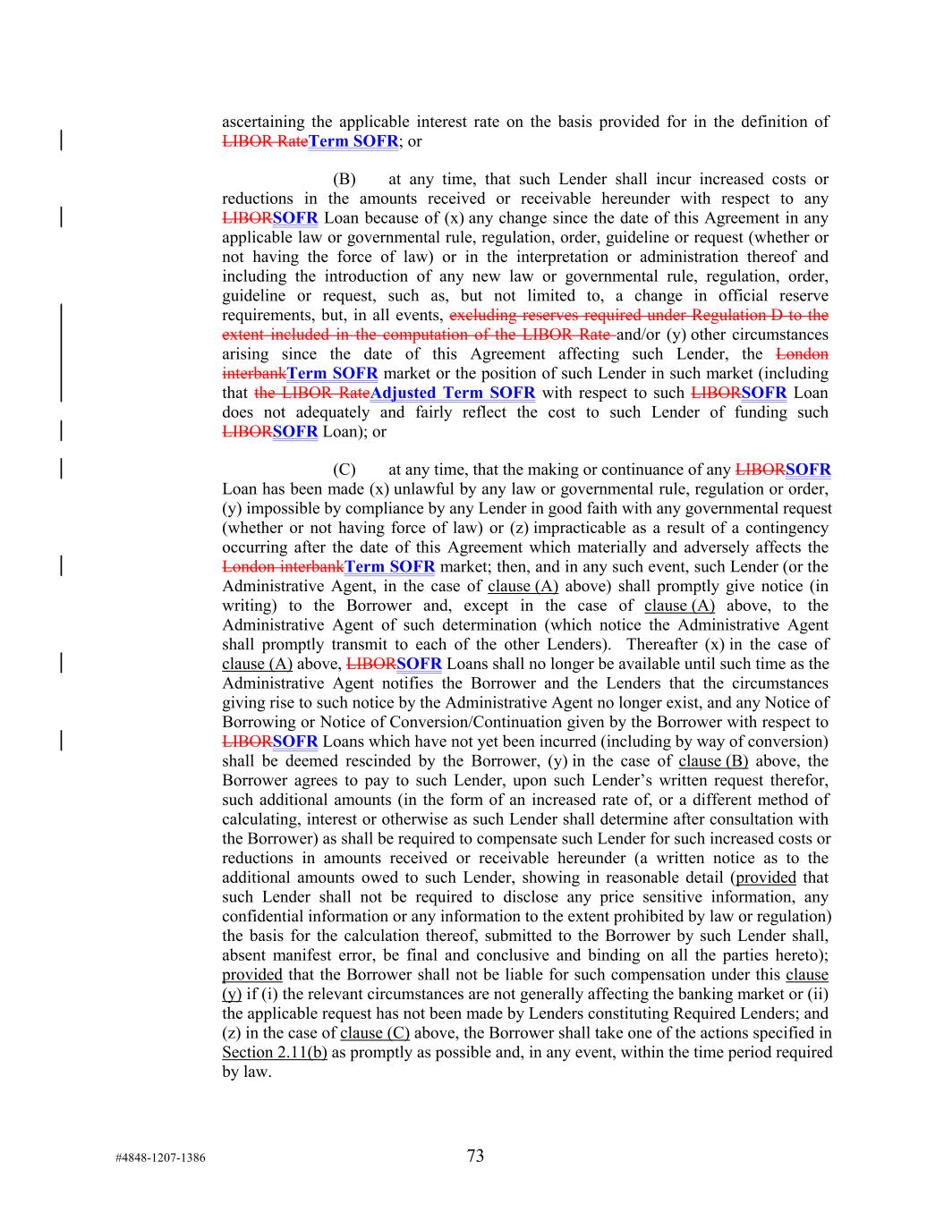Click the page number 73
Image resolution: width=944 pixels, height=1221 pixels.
pyautogui.click(x=475, y=1156)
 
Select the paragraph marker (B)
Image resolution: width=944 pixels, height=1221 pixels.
pyautogui.click(x=344, y=180)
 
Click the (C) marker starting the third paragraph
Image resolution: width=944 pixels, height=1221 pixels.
pyautogui.click(x=344, y=470)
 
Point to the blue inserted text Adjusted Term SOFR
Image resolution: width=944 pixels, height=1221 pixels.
pyautogui.click(x=453, y=393)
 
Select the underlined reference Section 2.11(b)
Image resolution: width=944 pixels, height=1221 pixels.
pyautogui.click(x=274, y=1052)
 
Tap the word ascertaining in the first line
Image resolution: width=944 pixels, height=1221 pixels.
pyautogui.click(x=263, y=122)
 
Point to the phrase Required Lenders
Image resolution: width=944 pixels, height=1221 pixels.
pyautogui.click(x=770, y=1013)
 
